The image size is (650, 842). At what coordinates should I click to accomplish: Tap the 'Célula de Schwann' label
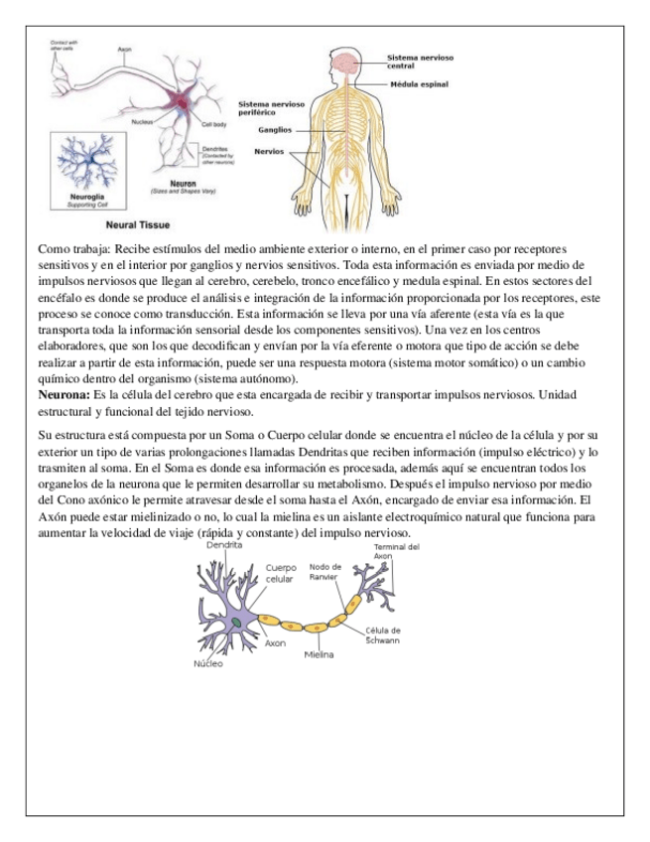pyautogui.click(x=383, y=634)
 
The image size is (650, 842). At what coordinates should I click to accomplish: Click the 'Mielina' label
pyautogui.click(x=319, y=655)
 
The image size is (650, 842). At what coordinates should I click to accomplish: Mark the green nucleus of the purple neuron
pyautogui.click(x=239, y=621)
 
